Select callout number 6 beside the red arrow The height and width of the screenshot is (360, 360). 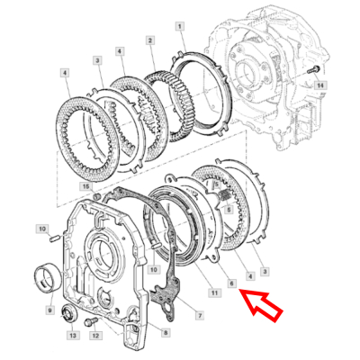click(231, 283)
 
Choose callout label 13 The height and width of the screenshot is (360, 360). click(72, 336)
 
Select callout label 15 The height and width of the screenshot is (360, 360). click(86, 186)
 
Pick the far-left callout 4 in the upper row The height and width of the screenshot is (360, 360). click(65, 71)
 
